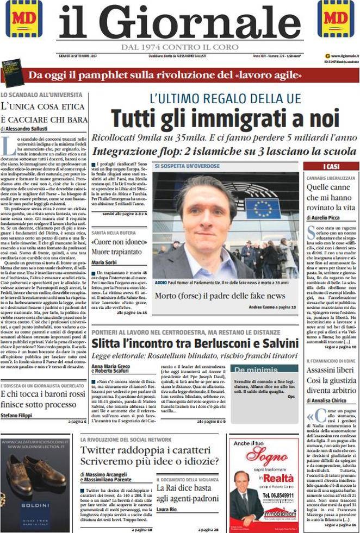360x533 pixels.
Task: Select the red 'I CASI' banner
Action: click(331, 166)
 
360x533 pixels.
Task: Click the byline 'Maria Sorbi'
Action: click(105, 262)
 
